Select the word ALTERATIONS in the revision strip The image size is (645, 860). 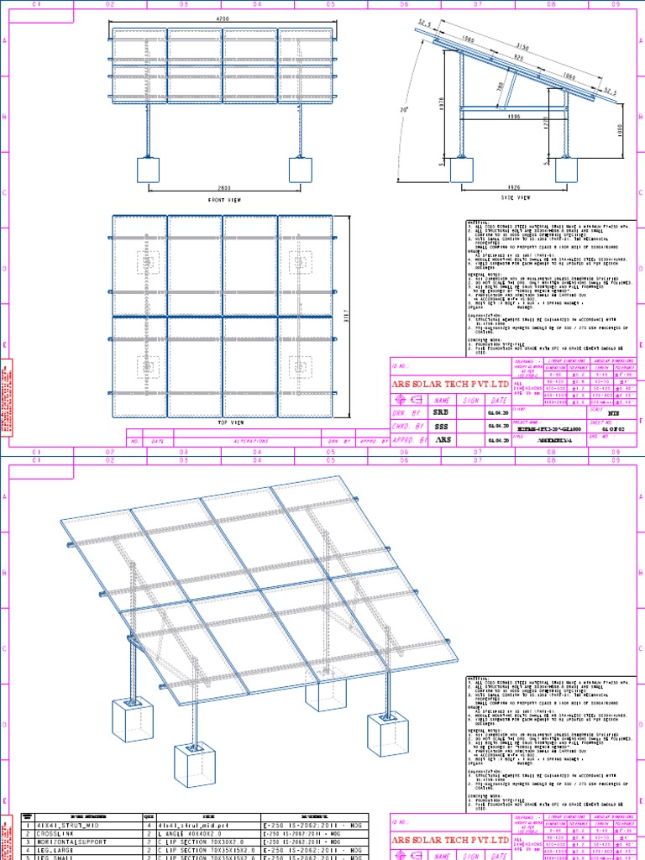coord(252,440)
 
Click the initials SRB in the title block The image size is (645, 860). coord(442,413)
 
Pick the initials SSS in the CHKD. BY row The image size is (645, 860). coord(442,426)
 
